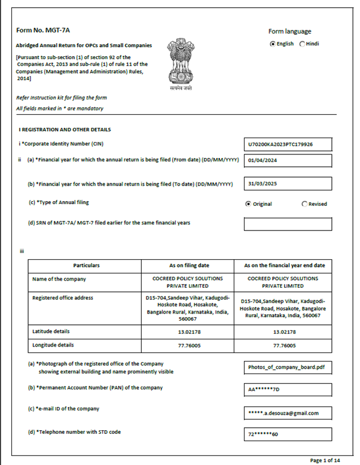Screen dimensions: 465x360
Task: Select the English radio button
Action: (x=273, y=44)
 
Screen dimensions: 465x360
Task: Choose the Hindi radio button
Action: (x=302, y=44)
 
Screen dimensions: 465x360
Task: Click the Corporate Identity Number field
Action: (x=288, y=145)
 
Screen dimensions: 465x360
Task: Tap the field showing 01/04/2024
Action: (x=288, y=160)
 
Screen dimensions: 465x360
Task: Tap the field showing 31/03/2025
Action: (x=288, y=183)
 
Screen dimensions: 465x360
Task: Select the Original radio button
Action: (x=248, y=204)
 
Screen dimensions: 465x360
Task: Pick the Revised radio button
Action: (x=305, y=204)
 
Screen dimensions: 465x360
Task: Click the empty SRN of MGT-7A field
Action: (x=288, y=224)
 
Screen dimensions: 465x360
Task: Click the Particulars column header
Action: (x=87, y=265)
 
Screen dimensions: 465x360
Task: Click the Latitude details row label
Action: (x=51, y=331)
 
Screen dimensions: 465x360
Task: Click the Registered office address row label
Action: (x=63, y=297)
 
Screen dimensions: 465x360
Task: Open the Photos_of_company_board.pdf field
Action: (x=288, y=367)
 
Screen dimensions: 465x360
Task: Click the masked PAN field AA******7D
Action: (x=288, y=390)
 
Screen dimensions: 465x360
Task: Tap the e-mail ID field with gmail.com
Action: (x=288, y=412)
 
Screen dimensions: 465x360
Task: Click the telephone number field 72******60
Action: (x=288, y=434)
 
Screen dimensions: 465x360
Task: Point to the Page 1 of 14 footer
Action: (x=325, y=460)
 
